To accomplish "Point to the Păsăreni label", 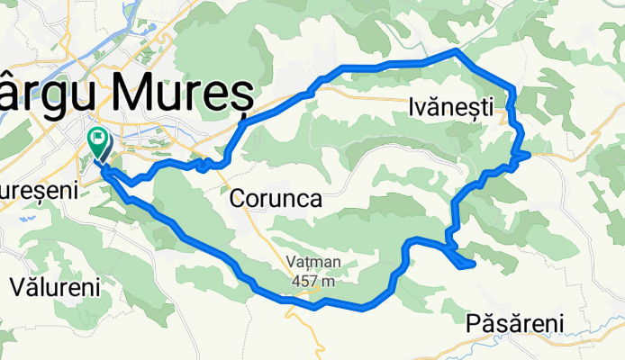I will click(x=515, y=323).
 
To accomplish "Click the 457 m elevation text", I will click(x=313, y=281).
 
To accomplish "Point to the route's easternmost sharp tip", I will click(x=528, y=156).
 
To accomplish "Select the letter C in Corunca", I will click(x=239, y=199).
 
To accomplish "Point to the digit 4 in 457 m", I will click(x=296, y=281).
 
